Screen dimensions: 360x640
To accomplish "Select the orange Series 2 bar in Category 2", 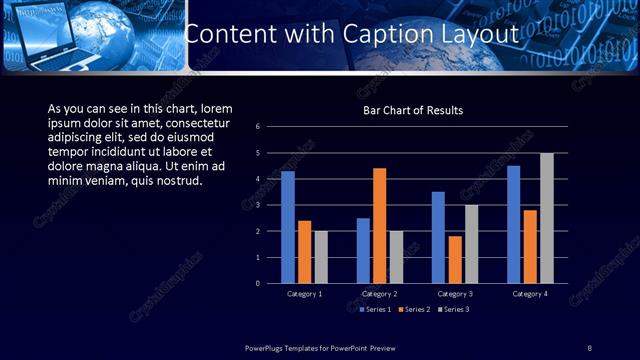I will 379,226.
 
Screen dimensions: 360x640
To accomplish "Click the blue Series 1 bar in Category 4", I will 513,225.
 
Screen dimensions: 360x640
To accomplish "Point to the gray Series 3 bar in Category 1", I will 320,257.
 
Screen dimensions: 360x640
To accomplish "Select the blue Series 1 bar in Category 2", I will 363,251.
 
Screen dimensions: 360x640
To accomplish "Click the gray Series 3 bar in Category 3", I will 471,244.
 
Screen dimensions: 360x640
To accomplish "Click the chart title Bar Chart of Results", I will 412,110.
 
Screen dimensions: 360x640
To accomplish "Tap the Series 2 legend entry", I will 412,310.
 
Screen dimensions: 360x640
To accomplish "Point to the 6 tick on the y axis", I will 258,127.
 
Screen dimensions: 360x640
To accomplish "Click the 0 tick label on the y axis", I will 258,283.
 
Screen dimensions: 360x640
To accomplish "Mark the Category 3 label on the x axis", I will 455,294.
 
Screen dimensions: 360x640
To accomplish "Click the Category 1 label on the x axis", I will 304,294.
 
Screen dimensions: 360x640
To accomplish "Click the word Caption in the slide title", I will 386,33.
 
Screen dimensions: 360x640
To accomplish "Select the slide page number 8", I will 590,347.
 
